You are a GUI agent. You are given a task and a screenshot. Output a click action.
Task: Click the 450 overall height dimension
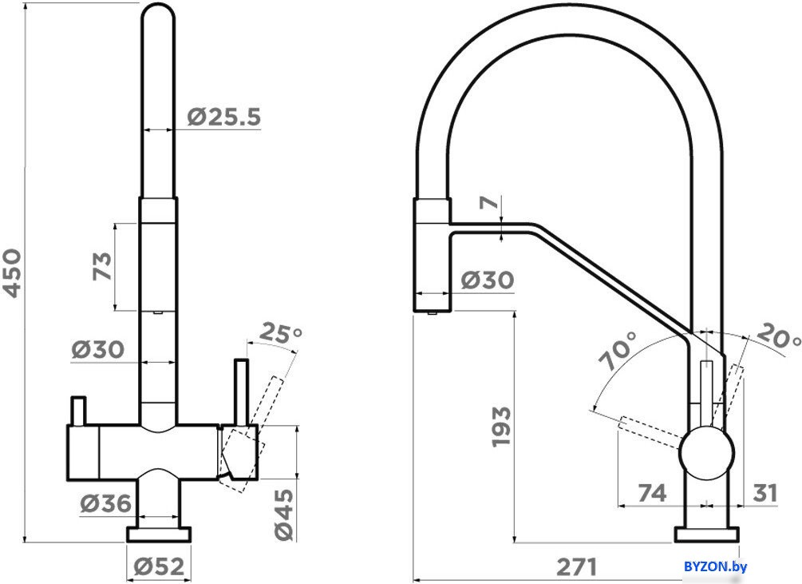pyautogui.click(x=12, y=272)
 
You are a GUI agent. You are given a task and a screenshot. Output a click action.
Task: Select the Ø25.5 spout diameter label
pyautogui.click(x=224, y=117)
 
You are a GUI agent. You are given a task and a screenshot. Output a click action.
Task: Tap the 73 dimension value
pyautogui.click(x=102, y=266)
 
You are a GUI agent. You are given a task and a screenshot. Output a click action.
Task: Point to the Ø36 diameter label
pyautogui.click(x=105, y=503)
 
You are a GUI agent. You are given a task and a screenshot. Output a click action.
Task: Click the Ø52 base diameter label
pyautogui.click(x=159, y=566)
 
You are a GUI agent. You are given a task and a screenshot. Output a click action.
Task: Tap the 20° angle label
pyautogui.click(x=777, y=337)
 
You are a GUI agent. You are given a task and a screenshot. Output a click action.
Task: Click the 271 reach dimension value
pyautogui.click(x=576, y=566)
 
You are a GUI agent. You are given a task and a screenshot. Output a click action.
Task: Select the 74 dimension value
pyautogui.click(x=652, y=494)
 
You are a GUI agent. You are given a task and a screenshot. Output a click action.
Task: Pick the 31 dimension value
pyautogui.click(x=764, y=494)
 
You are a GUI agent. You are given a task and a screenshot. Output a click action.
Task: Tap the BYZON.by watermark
pyautogui.click(x=715, y=566)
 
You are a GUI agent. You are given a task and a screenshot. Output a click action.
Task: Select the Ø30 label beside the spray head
pyautogui.click(x=488, y=280)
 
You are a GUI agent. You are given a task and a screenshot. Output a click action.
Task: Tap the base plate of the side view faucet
pyautogui.click(x=707, y=534)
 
